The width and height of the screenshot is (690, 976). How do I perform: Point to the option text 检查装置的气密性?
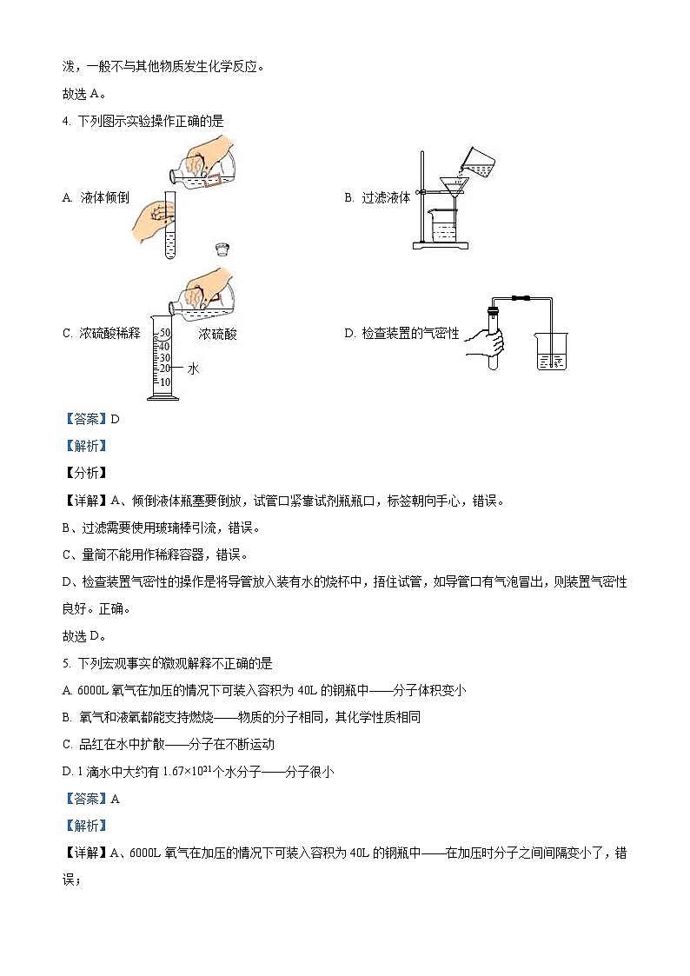pyautogui.click(x=413, y=333)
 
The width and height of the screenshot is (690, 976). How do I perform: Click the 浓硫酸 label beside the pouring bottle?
pyautogui.click(x=217, y=334)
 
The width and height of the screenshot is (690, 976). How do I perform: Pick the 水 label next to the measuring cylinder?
pyautogui.click(x=193, y=368)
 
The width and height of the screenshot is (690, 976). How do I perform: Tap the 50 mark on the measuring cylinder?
pyautogui.click(x=164, y=332)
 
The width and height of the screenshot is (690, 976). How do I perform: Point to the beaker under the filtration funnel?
pyautogui.click(x=444, y=228)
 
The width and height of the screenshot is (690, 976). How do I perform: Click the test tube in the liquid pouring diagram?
pyautogui.click(x=170, y=229)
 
